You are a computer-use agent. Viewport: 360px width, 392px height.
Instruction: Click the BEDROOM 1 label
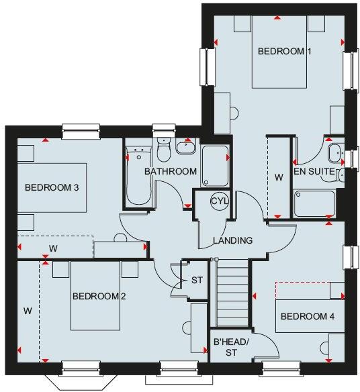point(285,51)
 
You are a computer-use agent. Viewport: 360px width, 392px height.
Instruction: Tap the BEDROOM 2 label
point(99,296)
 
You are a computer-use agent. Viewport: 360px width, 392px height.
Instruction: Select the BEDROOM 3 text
point(52,187)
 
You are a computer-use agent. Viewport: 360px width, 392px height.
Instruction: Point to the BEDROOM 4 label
point(308,316)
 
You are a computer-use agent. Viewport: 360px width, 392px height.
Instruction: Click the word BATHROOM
point(171,171)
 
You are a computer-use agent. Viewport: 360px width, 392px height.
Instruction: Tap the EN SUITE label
point(314,172)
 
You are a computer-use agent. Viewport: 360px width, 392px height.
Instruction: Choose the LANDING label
point(232,240)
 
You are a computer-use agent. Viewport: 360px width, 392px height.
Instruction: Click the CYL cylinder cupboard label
point(219,201)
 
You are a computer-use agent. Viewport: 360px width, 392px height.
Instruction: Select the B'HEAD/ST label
point(231,347)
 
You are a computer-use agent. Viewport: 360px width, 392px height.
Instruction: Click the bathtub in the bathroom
point(139,178)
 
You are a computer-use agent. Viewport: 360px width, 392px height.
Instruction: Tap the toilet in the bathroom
point(163,148)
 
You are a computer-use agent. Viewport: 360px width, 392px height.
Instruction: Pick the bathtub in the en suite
point(314,203)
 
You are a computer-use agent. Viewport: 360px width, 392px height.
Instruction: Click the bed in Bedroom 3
point(57,188)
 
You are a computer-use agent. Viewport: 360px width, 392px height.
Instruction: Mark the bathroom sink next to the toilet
point(186,146)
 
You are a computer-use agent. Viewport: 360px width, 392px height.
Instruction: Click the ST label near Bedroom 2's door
point(197,280)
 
